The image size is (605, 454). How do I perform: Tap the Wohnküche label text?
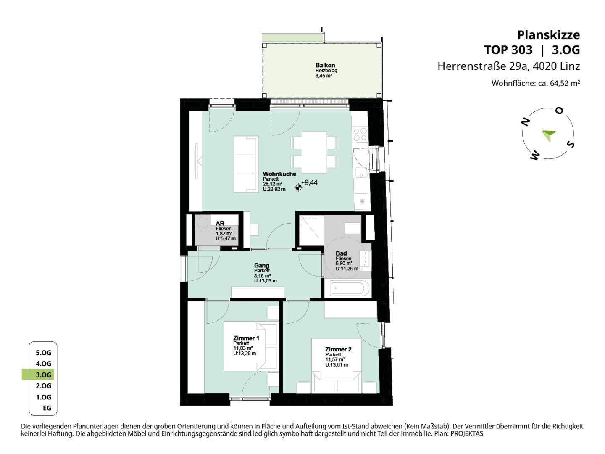279,174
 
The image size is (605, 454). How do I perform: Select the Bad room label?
341,253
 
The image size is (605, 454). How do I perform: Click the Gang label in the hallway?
261,265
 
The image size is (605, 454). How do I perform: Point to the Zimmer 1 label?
246,338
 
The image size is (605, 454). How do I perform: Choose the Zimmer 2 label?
338,349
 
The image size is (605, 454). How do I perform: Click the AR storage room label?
220,223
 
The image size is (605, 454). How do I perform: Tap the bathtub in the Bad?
350,288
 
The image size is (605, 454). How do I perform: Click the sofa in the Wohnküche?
246,164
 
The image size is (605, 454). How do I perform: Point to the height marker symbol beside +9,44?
298,188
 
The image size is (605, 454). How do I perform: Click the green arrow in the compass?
549,135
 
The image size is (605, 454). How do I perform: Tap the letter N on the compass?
526,122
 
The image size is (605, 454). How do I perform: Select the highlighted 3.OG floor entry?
43,375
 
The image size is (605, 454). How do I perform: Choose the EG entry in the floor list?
47,408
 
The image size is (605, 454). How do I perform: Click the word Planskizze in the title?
549,35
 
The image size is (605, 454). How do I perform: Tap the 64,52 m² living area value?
565,83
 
